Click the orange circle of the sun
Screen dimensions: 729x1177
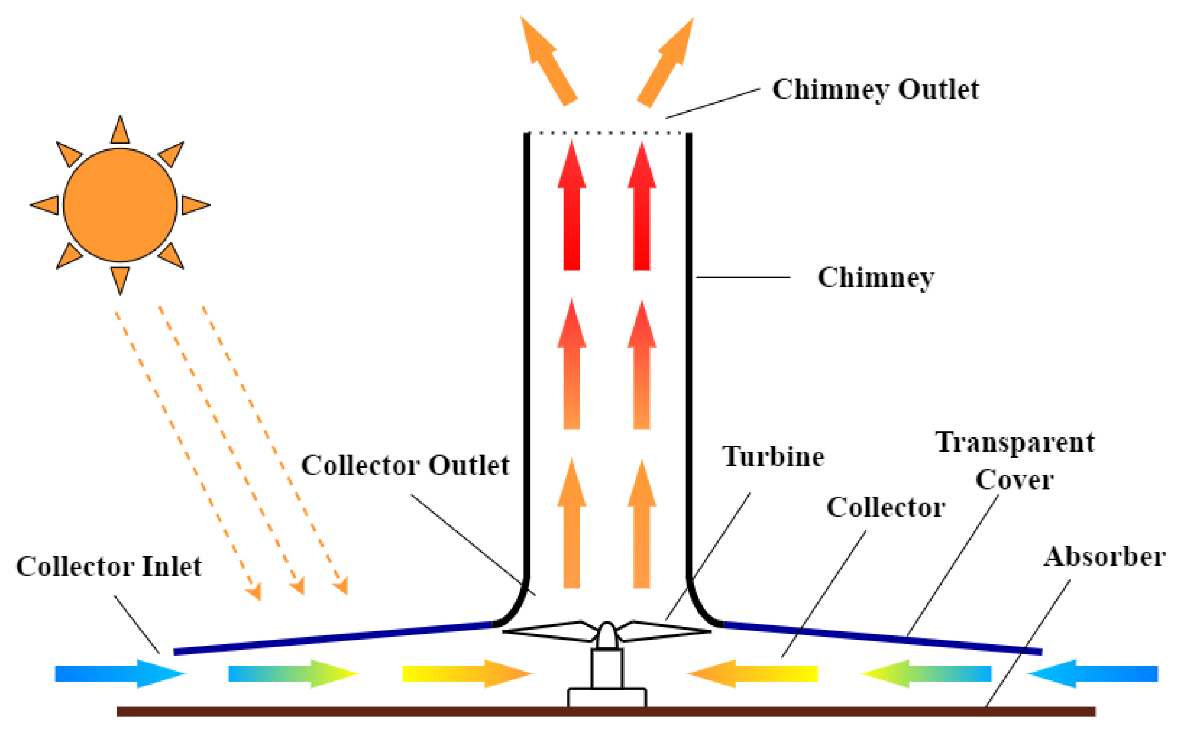120,204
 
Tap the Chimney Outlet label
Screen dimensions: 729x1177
875,90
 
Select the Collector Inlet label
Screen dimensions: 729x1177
109,567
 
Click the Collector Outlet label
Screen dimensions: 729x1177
405,466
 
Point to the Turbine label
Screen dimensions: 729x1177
773,457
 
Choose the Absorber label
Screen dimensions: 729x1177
1104,558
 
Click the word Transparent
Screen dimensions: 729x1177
1015,442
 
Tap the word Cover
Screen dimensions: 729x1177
1015,480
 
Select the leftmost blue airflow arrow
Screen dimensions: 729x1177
118,673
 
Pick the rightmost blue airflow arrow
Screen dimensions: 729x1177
1093,673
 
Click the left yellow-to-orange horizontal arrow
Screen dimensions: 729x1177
466,673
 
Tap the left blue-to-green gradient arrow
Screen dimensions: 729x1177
292,673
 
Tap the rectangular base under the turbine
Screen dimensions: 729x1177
607,698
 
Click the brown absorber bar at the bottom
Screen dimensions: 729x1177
606,711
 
